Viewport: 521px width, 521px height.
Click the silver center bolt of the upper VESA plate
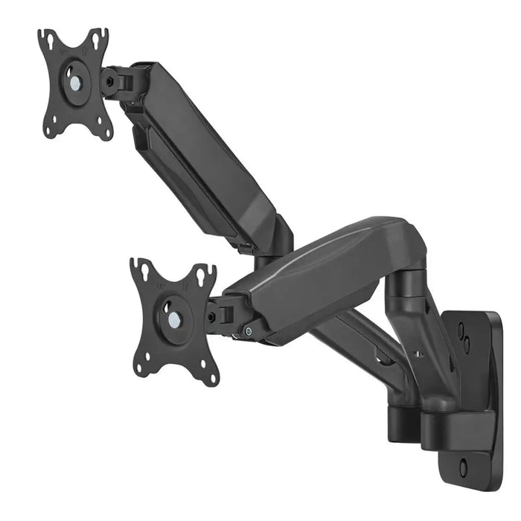click(74, 81)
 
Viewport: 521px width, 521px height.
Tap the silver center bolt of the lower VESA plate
click(173, 319)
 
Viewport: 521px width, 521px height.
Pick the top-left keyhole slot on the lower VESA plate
click(142, 272)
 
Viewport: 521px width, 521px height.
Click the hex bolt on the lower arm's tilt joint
click(213, 317)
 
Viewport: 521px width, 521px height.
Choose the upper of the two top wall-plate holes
click(461, 327)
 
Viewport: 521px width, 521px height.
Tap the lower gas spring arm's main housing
click(320, 275)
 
